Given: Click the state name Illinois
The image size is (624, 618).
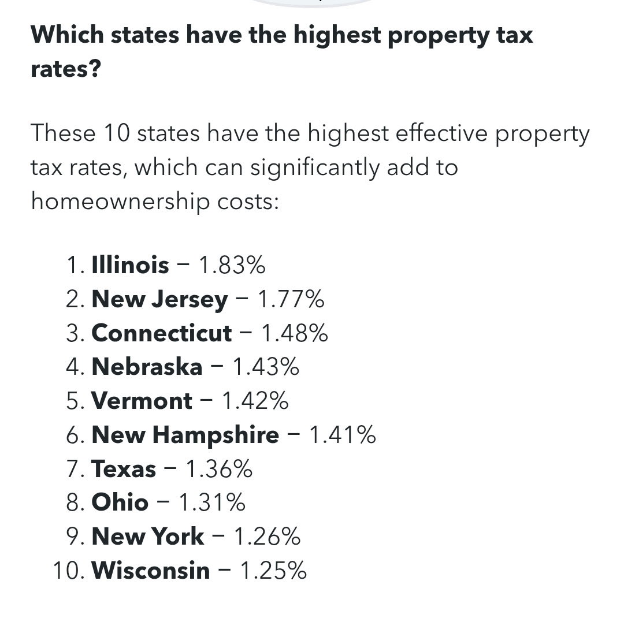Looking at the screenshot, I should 130,266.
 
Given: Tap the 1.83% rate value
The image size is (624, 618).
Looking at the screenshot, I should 232,266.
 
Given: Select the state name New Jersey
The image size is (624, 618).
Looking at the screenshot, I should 159,300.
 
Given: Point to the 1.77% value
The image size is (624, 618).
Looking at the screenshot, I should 291,300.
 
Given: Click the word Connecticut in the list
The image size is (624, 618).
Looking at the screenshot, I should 161,333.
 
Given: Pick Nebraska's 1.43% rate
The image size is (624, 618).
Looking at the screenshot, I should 265,367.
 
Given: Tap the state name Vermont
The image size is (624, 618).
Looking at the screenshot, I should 142,401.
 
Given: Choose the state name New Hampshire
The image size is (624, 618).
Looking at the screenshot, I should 185,435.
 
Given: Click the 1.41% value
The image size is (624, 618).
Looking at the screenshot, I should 343,435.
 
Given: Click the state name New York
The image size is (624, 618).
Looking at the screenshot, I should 147,537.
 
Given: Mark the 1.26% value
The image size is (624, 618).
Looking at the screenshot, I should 267,537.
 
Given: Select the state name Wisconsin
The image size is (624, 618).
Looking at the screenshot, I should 151,571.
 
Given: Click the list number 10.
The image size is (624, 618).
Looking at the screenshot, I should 68,571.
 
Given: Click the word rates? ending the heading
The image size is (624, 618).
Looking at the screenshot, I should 66,70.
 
